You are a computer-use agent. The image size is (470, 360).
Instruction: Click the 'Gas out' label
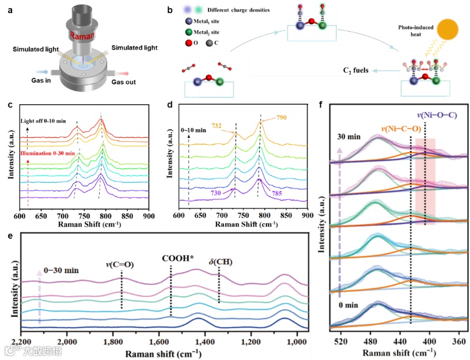point(125,82)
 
